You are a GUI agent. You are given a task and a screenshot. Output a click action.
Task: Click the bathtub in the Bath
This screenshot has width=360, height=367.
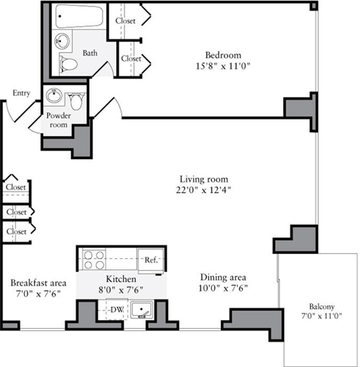[80, 16]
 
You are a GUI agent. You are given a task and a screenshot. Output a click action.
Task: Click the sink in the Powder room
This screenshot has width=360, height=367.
[54, 96]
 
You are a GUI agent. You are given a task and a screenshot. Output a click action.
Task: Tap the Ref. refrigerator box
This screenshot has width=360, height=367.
[151, 260]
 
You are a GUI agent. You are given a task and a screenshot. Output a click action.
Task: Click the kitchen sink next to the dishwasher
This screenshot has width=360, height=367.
[144, 310]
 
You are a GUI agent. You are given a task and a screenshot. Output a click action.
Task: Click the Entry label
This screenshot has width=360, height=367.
[21, 93]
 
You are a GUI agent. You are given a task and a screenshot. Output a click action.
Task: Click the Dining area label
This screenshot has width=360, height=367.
[223, 278]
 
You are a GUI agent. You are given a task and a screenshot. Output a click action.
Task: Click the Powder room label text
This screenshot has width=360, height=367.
[58, 120]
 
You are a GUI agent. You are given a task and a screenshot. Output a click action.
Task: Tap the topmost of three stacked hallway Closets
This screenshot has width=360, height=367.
[15, 187]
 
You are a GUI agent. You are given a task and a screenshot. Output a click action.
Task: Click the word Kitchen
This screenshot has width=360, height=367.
[120, 280]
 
